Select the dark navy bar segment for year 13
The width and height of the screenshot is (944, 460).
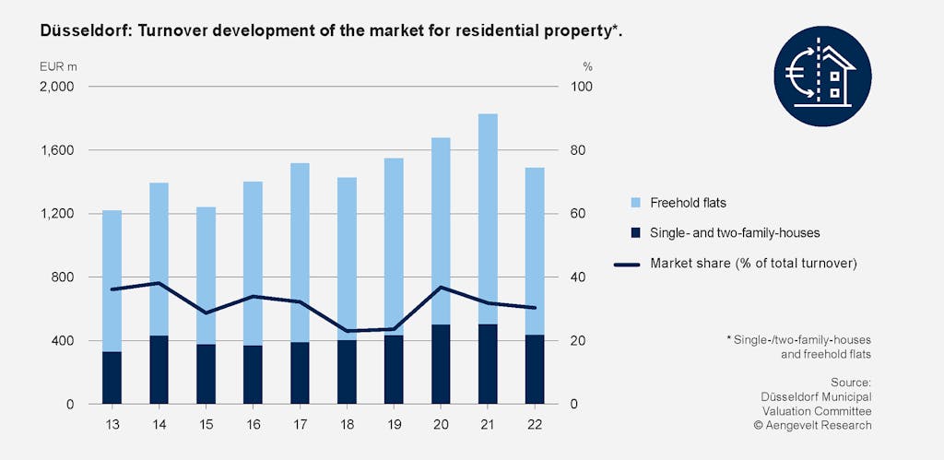point(112,377)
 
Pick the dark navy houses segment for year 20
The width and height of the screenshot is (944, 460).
point(441,364)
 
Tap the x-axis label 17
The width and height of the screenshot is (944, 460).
point(300,425)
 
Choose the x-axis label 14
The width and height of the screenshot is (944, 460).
point(159,425)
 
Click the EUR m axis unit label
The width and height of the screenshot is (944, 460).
point(57,66)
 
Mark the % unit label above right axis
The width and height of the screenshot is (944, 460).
point(587,66)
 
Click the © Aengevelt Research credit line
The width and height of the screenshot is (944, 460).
point(811,425)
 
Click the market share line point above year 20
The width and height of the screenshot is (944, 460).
point(441,288)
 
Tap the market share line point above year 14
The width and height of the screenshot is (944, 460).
point(159,283)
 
